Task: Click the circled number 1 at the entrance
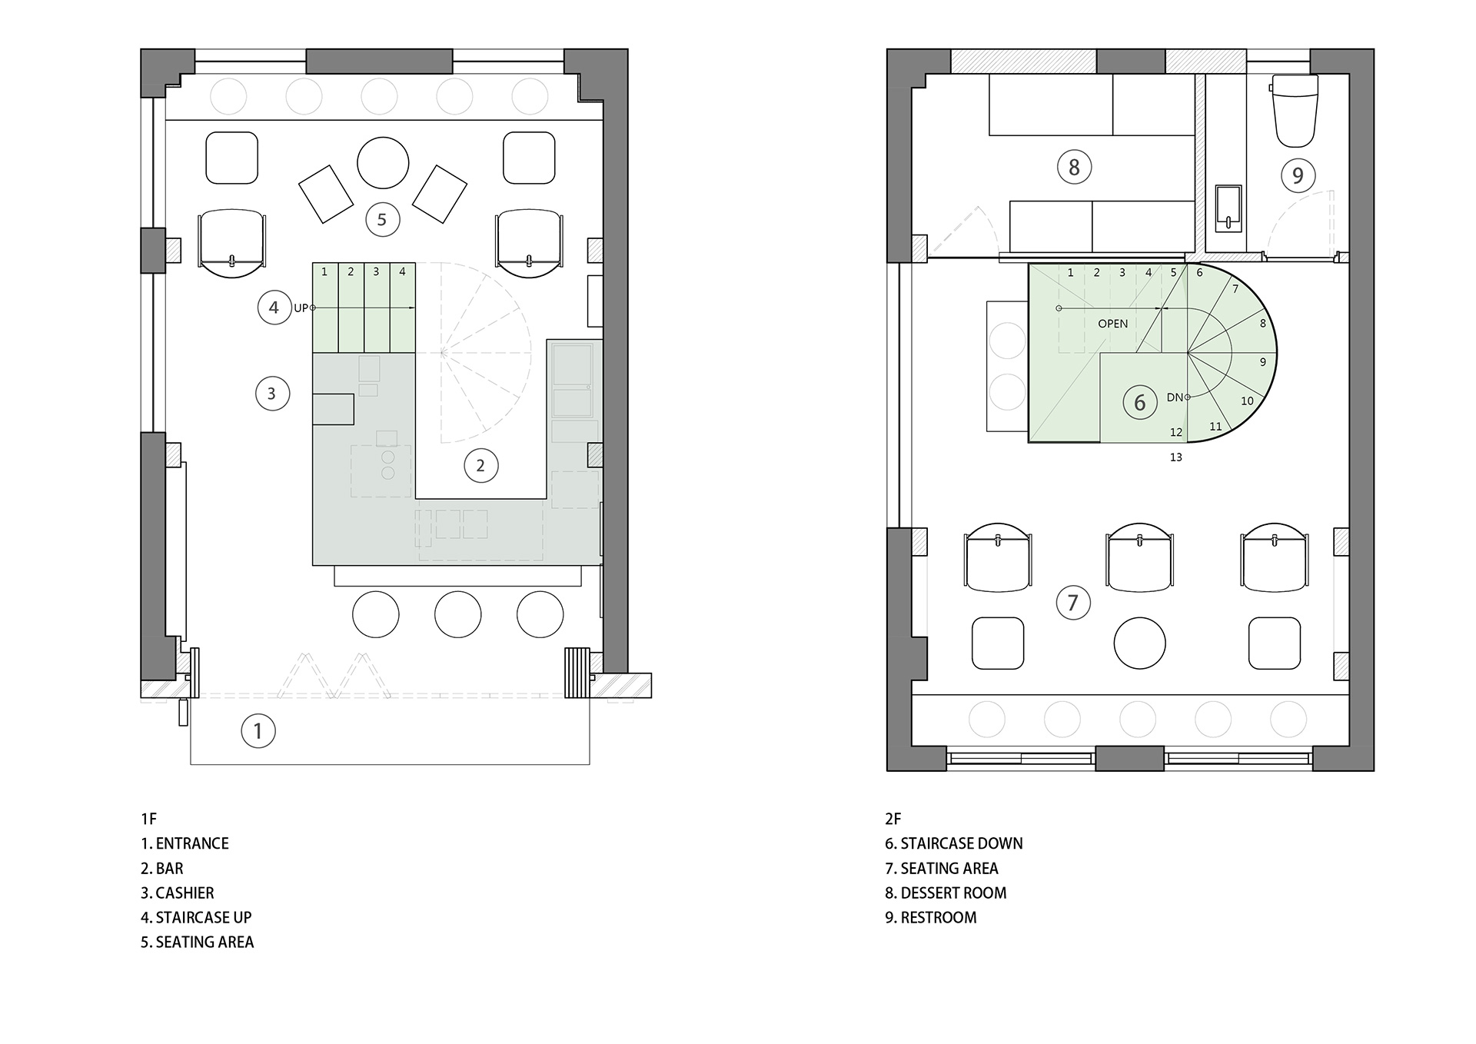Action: pyautogui.click(x=258, y=731)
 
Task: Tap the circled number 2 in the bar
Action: pyautogui.click(x=480, y=465)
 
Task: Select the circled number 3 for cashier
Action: pyautogui.click(x=271, y=394)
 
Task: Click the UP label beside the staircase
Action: pyautogui.click(x=301, y=308)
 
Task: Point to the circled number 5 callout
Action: pyautogui.click(x=382, y=220)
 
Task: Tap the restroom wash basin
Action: pyautogui.click(x=1228, y=208)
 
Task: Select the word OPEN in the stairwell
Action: pyautogui.click(x=1112, y=324)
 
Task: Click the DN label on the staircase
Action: pyautogui.click(x=1175, y=397)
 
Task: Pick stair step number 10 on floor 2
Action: pyautogui.click(x=1247, y=401)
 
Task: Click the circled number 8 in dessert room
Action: pyautogui.click(x=1074, y=167)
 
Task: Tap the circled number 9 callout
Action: pyautogui.click(x=1298, y=176)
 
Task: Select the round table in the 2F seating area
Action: pyautogui.click(x=1139, y=643)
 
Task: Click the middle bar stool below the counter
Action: pyautogui.click(x=457, y=614)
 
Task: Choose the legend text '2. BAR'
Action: pyautogui.click(x=162, y=869)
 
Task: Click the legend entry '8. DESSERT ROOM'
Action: pyautogui.click(x=946, y=893)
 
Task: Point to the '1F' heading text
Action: pyautogui.click(x=148, y=819)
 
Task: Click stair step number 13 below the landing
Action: pyautogui.click(x=1175, y=457)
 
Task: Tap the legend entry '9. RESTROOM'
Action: pyautogui.click(x=930, y=918)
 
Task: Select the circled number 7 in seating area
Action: pyautogui.click(x=1073, y=603)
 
